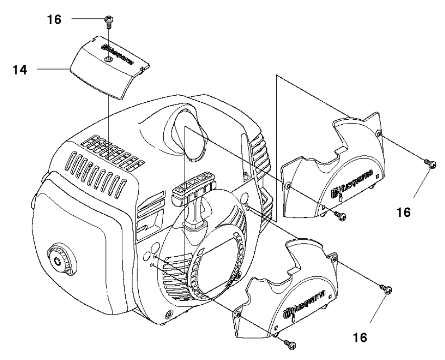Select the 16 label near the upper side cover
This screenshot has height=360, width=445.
404,212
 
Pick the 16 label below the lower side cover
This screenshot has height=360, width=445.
360,337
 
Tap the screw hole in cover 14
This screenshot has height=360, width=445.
107,60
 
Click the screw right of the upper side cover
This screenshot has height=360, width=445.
430,163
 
